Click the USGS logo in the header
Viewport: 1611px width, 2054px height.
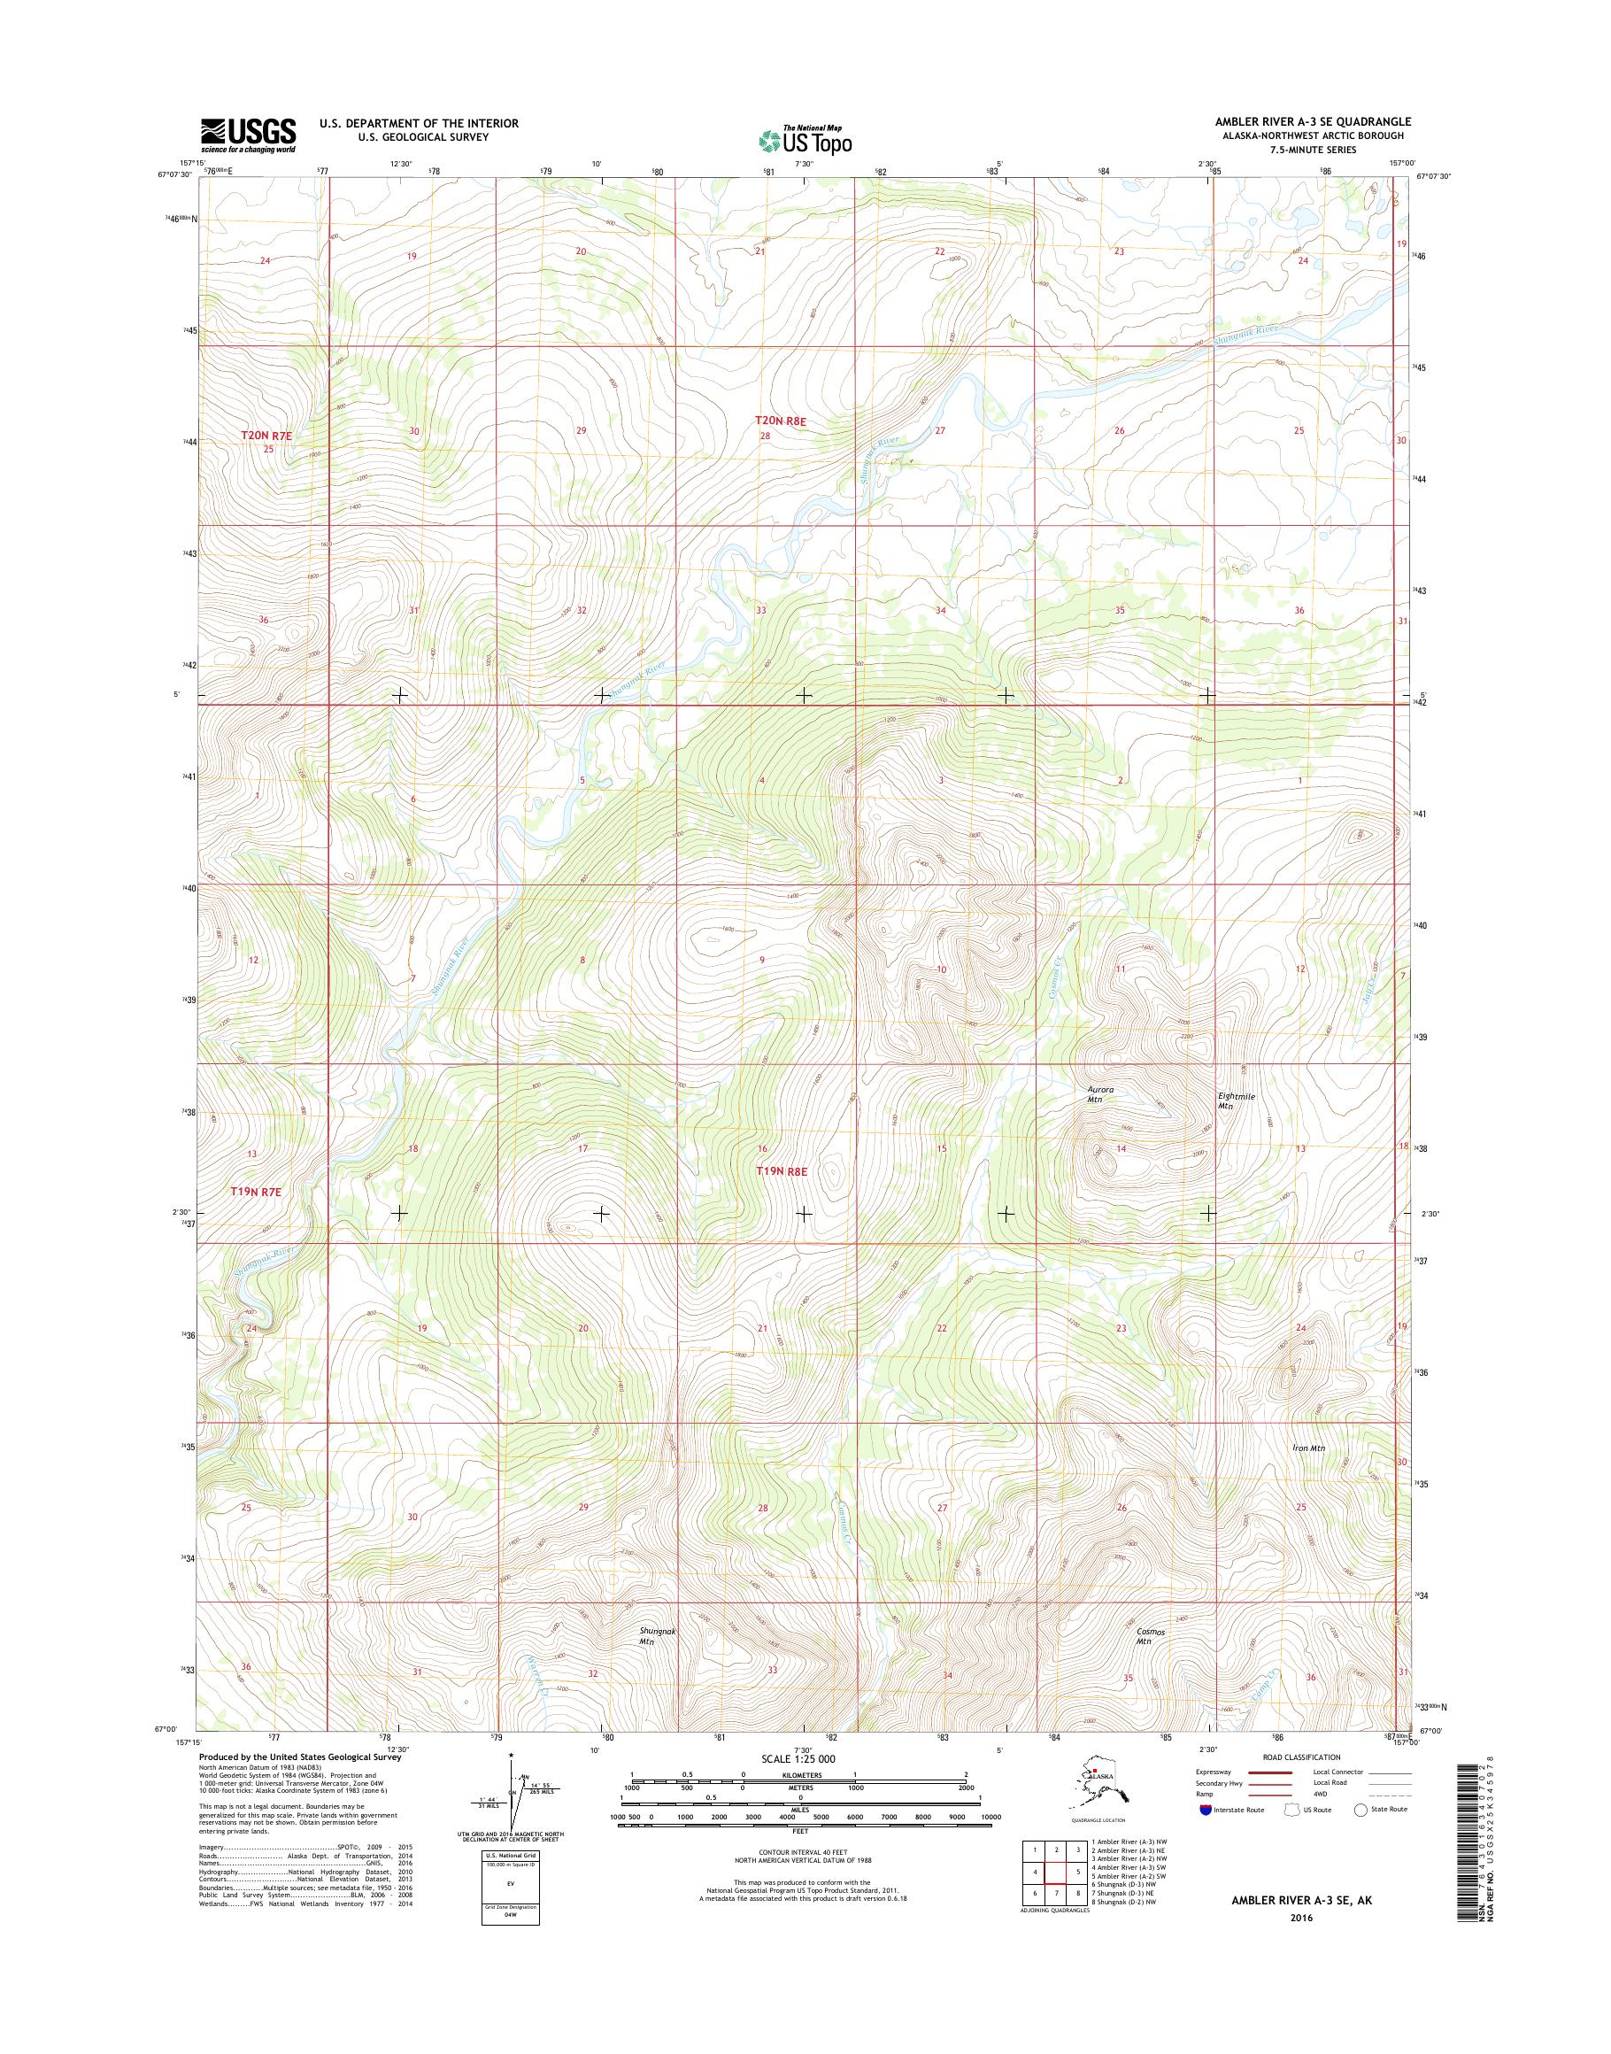248,135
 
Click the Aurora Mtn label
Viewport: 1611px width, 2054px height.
1098,1094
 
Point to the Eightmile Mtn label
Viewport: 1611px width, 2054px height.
1228,1100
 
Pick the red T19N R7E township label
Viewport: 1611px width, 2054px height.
257,1192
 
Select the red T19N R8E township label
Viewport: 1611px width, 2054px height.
782,1171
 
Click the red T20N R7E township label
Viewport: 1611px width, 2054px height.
268,435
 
